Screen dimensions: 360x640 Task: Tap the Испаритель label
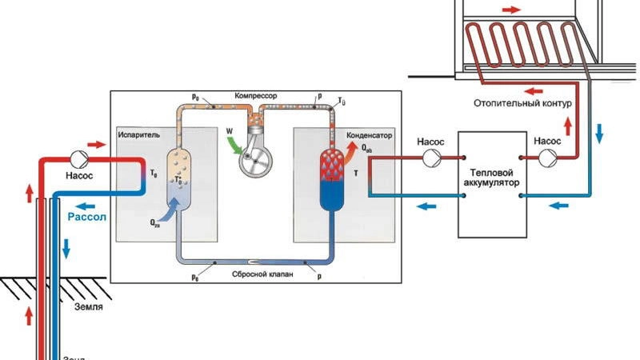(138, 135)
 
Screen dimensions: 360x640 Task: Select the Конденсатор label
(367, 134)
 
